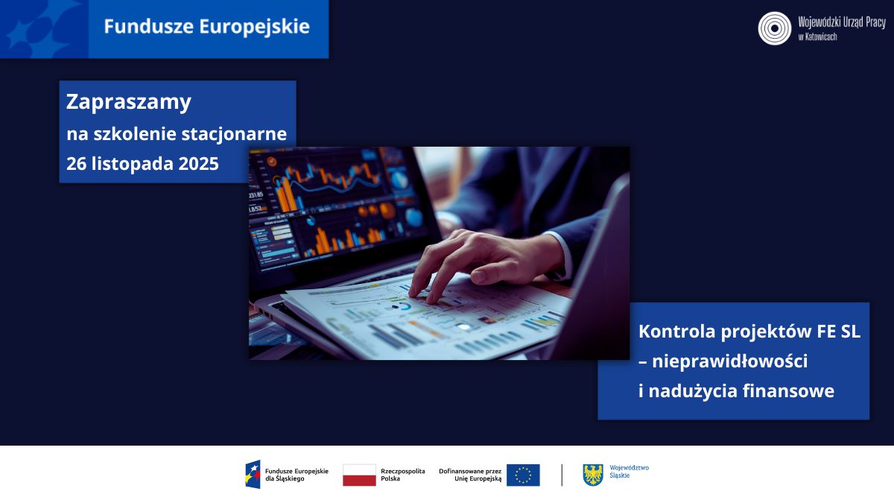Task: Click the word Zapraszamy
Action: [x=129, y=102]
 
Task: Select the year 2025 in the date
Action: [x=198, y=165]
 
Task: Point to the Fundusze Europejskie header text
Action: [x=206, y=27]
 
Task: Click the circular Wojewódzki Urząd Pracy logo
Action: [x=774, y=28]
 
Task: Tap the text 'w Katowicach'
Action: [x=817, y=37]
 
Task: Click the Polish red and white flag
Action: [x=359, y=475]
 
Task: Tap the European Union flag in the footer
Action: [x=523, y=475]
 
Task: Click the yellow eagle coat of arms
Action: [x=593, y=475]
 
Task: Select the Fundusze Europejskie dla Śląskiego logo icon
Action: [x=253, y=475]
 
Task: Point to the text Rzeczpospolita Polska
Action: [x=402, y=475]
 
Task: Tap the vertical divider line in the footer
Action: [x=562, y=475]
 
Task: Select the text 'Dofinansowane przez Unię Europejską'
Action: [x=470, y=475]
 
